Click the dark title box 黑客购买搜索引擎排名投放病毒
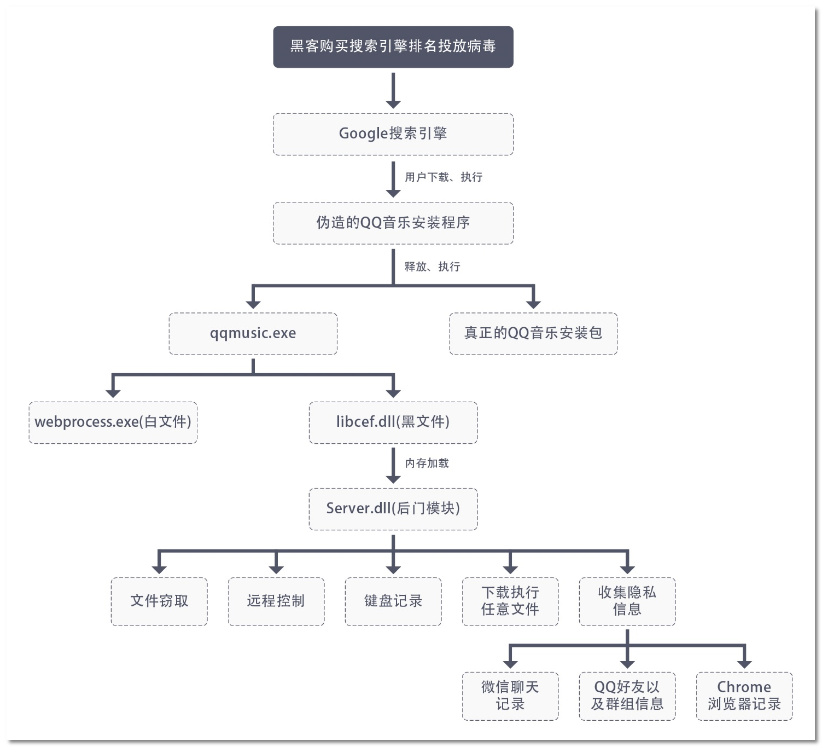click(393, 47)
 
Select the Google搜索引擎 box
click(393, 134)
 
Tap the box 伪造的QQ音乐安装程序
click(393, 223)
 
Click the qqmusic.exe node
click(253, 333)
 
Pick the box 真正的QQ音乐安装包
click(533, 333)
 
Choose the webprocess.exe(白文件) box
click(113, 422)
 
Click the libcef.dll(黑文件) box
click(393, 422)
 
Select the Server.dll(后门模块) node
click(393, 508)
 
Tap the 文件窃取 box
click(159, 601)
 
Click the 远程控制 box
click(276, 601)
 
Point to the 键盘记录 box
click(393, 601)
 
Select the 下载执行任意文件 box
click(510, 601)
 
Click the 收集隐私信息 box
click(627, 601)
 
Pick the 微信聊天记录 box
click(510, 696)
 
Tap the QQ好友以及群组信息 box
click(627, 696)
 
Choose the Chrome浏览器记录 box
click(744, 696)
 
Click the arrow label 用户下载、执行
click(444, 177)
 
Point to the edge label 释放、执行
click(432, 267)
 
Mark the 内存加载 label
click(427, 463)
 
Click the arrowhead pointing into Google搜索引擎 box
click(393, 104)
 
